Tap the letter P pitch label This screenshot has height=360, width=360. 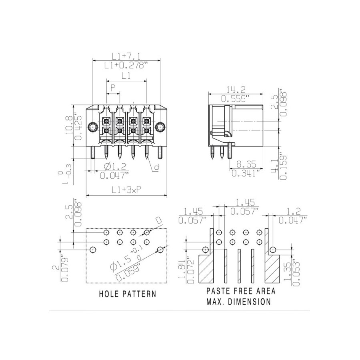[112, 88]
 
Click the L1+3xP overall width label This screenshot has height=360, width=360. [126, 190]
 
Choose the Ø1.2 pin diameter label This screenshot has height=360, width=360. [115, 166]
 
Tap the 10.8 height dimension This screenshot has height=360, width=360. [69, 125]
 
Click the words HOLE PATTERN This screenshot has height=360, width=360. [128, 294]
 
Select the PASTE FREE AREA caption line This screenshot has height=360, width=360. [241, 291]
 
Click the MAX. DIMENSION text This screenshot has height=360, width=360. [238, 302]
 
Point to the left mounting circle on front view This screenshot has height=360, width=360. [93, 127]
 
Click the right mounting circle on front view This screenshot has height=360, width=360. [160, 127]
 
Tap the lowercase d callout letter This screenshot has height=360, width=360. [156, 167]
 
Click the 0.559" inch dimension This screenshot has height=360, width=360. [235, 99]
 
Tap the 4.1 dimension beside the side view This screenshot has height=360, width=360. [274, 165]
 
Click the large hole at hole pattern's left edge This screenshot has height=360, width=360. [93, 250]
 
